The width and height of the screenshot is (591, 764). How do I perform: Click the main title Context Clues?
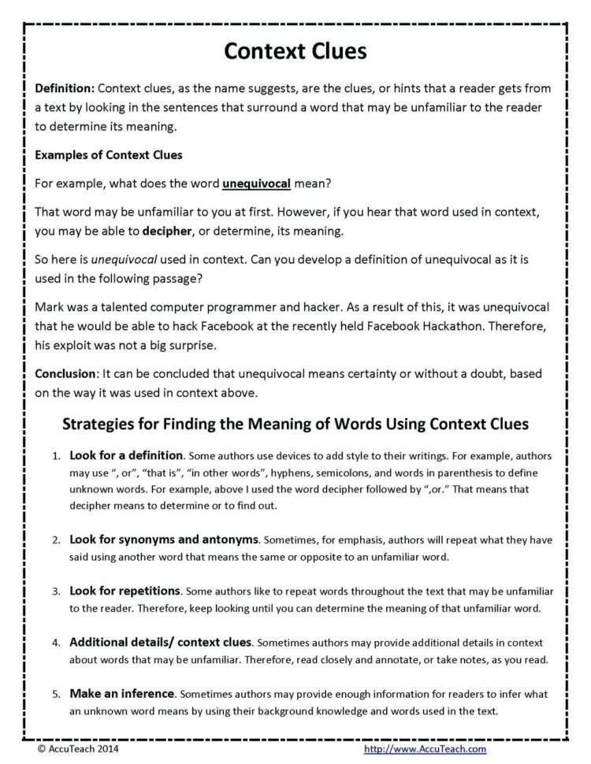(295, 50)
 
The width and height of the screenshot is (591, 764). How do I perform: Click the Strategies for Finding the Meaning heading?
(295, 424)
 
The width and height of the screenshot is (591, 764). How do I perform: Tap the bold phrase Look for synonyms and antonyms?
(164, 540)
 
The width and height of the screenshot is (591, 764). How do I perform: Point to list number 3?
(55, 591)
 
